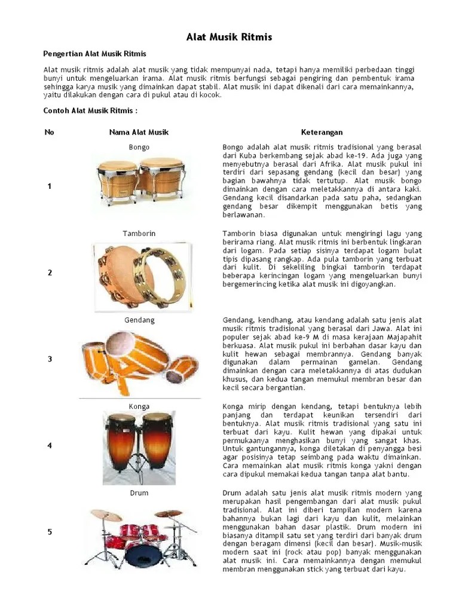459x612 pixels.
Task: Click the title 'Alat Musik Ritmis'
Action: pyautogui.click(x=229, y=37)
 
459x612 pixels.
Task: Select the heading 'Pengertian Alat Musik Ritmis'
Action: pyautogui.click(x=95, y=54)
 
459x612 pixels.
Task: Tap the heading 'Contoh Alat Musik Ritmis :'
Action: pyautogui.click(x=91, y=111)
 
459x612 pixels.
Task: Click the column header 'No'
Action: pyautogui.click(x=49, y=132)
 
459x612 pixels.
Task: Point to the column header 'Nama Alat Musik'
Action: pyautogui.click(x=139, y=132)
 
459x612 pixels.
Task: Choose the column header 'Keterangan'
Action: pyautogui.click(x=322, y=132)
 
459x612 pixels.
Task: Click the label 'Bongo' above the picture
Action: pyautogui.click(x=139, y=147)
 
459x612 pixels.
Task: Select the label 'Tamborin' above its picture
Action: pyautogui.click(x=139, y=233)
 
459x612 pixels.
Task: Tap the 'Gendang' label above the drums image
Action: pyautogui.click(x=139, y=320)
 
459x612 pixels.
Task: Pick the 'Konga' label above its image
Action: pyautogui.click(x=139, y=406)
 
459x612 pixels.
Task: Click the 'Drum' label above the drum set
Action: pyautogui.click(x=139, y=493)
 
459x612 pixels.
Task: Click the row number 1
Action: pyautogui.click(x=49, y=186)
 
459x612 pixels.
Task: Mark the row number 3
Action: pyautogui.click(x=49, y=359)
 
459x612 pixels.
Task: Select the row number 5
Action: pyautogui.click(x=49, y=533)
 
